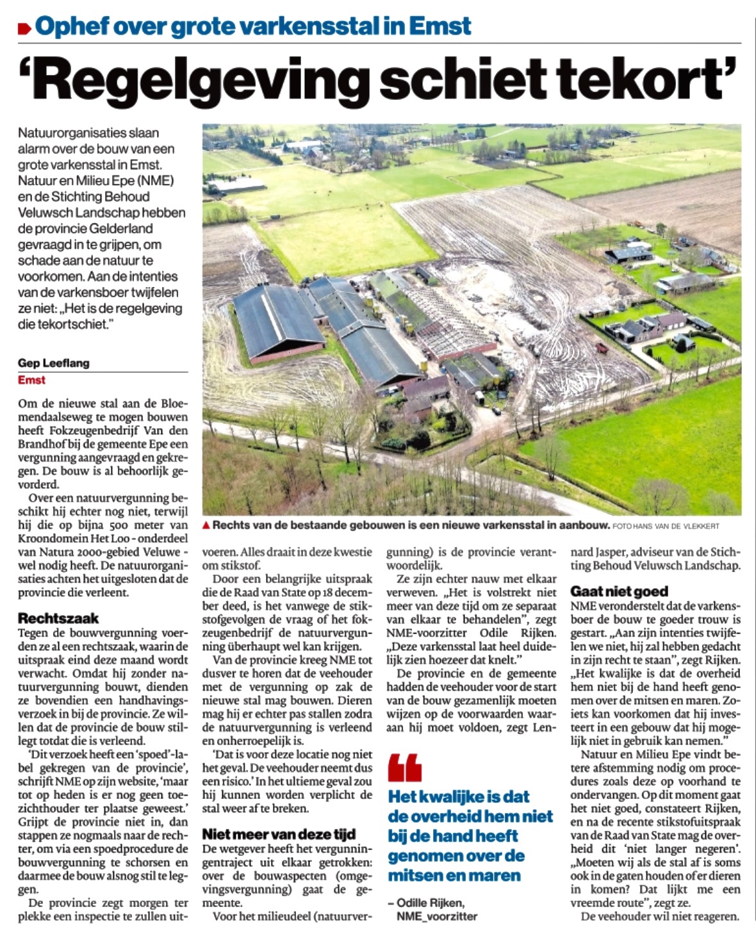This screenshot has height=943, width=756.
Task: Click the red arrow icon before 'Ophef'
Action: pyautogui.click(x=25, y=28)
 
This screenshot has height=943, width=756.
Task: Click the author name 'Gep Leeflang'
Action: pyautogui.click(x=54, y=363)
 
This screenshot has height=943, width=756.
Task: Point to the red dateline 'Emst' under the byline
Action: pyautogui.click(x=32, y=380)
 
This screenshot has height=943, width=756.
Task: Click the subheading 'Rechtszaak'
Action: pyautogui.click(x=58, y=618)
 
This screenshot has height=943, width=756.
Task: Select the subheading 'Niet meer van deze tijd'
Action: pyautogui.click(x=279, y=834)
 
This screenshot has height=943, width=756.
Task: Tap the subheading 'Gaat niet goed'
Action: pyautogui.click(x=619, y=591)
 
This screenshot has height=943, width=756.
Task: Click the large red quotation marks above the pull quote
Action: pyautogui.click(x=404, y=767)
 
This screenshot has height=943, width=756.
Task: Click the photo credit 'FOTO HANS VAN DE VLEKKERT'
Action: pyautogui.click(x=666, y=526)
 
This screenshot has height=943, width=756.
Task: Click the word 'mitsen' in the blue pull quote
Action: pyautogui.click(x=420, y=875)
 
